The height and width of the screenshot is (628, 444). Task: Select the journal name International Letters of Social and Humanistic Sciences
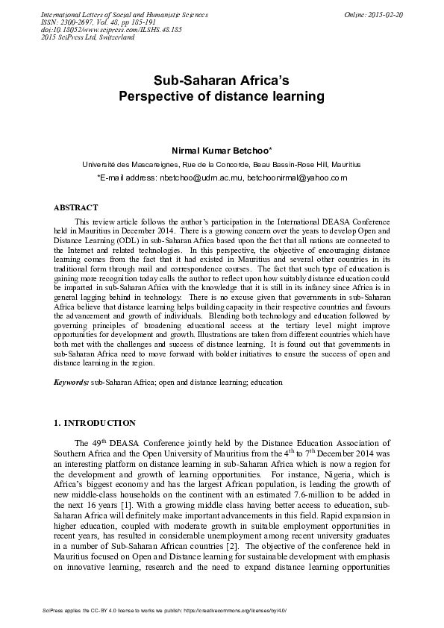[x=113, y=15]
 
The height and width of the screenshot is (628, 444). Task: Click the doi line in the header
[x=101, y=30]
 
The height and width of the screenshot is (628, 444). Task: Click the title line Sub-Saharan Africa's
[x=222, y=80]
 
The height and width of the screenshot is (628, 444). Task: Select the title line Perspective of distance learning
[x=222, y=96]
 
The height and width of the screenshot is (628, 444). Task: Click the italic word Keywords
[x=72, y=382]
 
